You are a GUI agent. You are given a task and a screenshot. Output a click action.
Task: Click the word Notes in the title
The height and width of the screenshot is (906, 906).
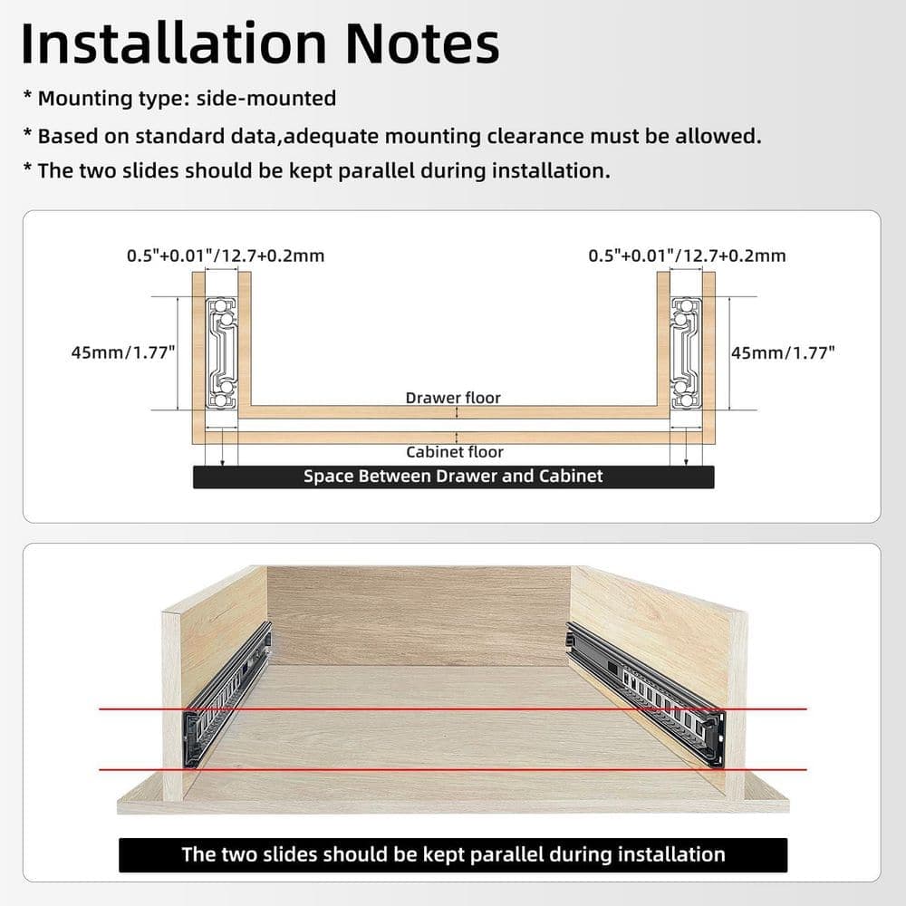pos(422,43)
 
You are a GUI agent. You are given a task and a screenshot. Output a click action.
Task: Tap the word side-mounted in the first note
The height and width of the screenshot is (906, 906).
pos(266,99)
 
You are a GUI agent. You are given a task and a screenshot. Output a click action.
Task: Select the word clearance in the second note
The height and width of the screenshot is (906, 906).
pos(535,137)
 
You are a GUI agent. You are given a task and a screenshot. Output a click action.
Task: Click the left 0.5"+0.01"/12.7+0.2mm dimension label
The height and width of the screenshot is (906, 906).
pos(226,255)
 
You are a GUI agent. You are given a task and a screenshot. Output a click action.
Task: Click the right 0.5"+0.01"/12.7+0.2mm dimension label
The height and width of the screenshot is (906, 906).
pos(687,255)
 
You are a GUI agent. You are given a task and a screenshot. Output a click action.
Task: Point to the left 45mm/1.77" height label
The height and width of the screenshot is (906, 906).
pos(123,352)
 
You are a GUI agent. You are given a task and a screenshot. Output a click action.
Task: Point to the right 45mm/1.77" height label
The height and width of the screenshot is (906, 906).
pos(783,352)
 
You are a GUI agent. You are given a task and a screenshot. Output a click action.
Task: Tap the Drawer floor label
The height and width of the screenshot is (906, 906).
pos(453,398)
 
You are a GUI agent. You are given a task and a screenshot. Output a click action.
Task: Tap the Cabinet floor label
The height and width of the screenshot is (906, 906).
pos(455,452)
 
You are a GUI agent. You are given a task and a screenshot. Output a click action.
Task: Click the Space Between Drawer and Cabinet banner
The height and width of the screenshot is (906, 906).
pos(454,477)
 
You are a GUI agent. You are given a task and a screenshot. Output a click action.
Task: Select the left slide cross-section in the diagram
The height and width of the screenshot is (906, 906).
pos(222,353)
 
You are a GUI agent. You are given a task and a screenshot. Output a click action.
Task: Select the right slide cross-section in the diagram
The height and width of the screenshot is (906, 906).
pos(686,353)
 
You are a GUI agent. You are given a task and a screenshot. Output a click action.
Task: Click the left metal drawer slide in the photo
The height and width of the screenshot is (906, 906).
pos(226,695)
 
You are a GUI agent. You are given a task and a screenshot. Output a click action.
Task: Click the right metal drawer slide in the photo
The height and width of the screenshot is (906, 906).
pos(646,695)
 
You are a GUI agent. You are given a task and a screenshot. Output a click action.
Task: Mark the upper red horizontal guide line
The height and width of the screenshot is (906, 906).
pos(453,709)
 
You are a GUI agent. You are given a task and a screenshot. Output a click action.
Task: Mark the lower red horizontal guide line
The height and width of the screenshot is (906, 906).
pos(453,769)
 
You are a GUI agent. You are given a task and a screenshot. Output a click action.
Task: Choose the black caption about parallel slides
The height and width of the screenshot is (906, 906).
pos(453,854)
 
